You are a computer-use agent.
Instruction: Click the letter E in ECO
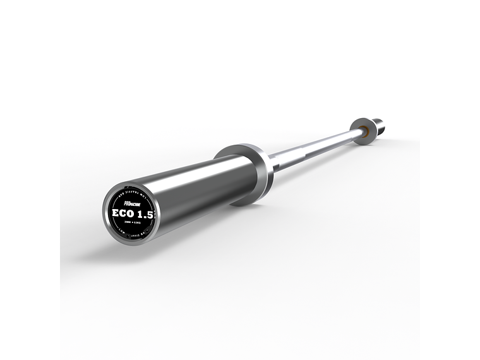coord(116,213)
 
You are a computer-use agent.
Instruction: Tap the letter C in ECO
coord(125,213)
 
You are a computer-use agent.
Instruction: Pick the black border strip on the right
coord(450,180)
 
